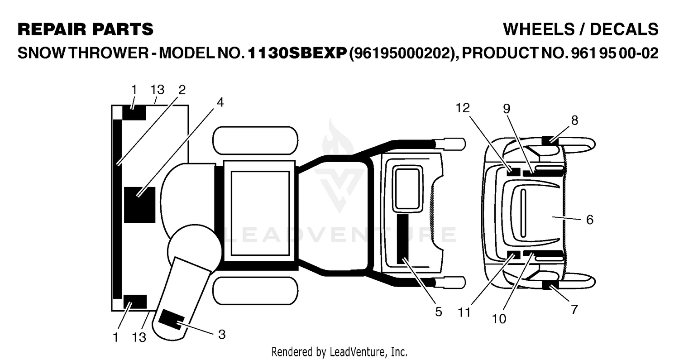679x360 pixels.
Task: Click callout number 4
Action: (x=220, y=102)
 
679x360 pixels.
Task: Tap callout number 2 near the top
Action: (x=182, y=90)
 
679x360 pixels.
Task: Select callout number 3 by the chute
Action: (x=222, y=335)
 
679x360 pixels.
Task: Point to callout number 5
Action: (x=438, y=312)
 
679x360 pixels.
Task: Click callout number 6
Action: (x=589, y=220)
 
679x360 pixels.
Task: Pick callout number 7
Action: (x=574, y=309)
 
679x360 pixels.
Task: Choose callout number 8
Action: (x=574, y=120)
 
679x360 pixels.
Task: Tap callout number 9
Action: (x=507, y=109)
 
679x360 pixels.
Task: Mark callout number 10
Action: (x=499, y=319)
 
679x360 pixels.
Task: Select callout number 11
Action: (x=464, y=312)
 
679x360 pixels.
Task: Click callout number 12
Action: (x=463, y=108)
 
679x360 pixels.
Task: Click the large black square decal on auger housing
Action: (x=140, y=205)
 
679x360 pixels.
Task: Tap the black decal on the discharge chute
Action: (x=172, y=320)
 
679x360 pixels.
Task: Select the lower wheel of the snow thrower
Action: (x=255, y=291)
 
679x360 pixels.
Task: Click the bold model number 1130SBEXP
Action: (x=297, y=53)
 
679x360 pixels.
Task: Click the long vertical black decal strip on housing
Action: (x=117, y=209)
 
